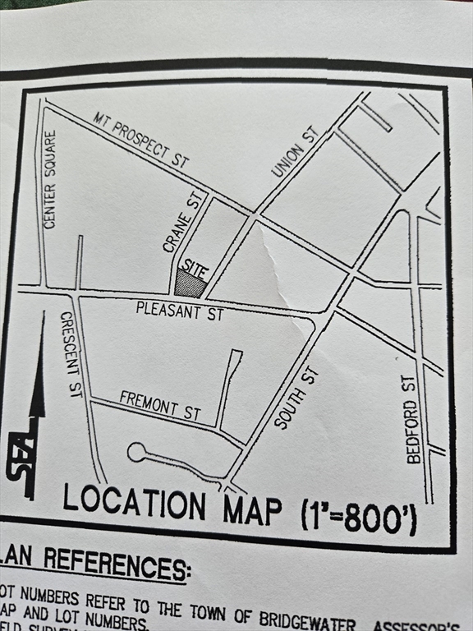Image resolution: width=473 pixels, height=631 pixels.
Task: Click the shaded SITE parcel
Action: pos(190,285)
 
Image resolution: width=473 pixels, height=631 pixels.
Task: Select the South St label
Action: pos(296,398)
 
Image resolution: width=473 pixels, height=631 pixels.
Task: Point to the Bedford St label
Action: pos(413,419)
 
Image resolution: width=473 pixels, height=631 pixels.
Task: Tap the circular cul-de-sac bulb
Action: pos(136,452)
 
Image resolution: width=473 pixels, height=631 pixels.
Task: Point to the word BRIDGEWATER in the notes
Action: pos(320,613)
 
